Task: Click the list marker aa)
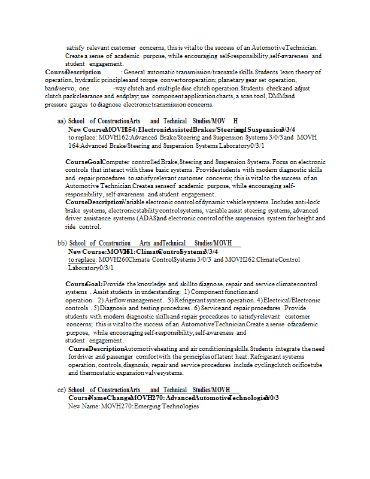click(61, 121)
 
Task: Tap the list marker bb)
click(62, 243)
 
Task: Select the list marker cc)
click(62, 390)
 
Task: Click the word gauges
click(77, 105)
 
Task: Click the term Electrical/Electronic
click(292, 300)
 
